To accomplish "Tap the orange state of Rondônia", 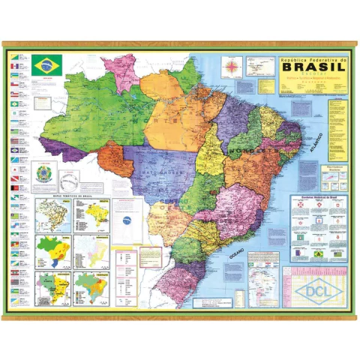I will pyautogui.click(x=115, y=158).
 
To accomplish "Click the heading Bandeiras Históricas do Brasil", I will pyautogui.click(x=319, y=197).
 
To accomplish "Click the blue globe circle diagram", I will pyautogui.click(x=127, y=220).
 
